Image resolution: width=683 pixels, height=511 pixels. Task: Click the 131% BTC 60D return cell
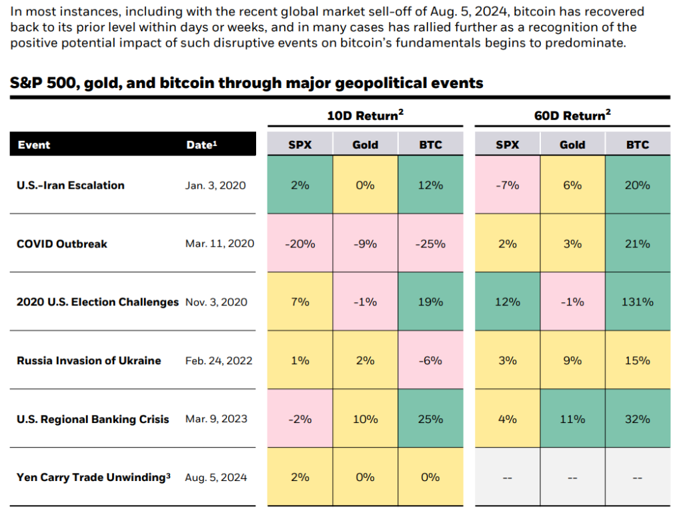tap(638, 302)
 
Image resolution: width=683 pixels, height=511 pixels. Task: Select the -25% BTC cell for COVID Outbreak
tap(430, 243)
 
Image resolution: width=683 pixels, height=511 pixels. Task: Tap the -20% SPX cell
tap(299, 243)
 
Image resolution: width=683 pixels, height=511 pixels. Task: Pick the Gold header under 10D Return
tap(365, 145)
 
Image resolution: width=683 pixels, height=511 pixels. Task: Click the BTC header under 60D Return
tap(638, 145)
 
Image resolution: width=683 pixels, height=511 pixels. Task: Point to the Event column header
tap(34, 145)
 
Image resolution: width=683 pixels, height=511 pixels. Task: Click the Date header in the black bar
tap(201, 145)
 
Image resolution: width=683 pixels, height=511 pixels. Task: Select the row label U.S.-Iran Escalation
tap(71, 185)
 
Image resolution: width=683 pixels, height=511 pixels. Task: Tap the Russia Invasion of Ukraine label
tap(89, 360)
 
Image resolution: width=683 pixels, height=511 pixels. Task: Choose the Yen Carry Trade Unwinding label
tap(93, 477)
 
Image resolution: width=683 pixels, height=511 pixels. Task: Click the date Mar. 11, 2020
tap(219, 243)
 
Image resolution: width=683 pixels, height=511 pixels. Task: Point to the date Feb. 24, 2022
tap(219, 360)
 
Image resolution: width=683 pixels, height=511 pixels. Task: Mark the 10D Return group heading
tap(365, 115)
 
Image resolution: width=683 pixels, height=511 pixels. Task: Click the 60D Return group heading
tap(572, 115)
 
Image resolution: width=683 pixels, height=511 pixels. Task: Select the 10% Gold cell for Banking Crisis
tap(365, 419)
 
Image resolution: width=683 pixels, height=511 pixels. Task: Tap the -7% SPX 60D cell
tap(508, 185)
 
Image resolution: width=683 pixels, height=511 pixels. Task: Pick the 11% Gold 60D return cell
tap(572, 419)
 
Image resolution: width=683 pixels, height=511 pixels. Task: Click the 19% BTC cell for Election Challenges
tap(430, 302)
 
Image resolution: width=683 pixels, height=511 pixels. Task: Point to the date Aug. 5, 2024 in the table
tap(215, 478)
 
